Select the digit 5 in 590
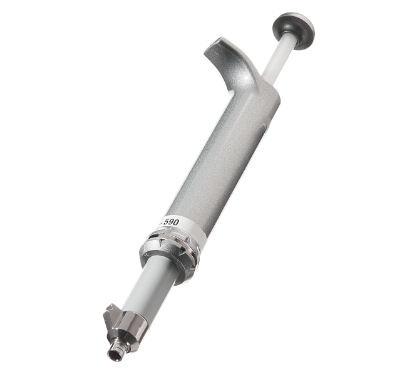tap(165, 224)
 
